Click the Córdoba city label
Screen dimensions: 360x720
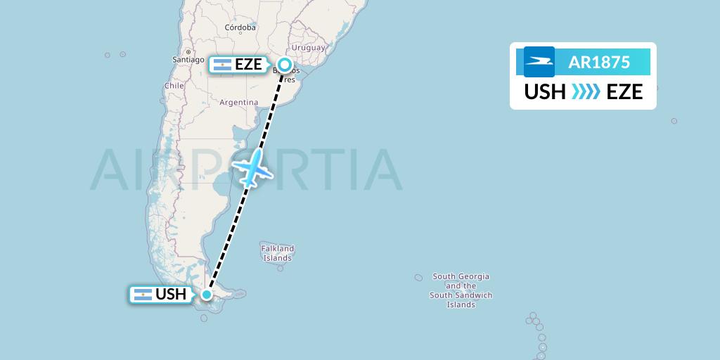[240, 28]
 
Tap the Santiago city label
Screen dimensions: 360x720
[188, 60]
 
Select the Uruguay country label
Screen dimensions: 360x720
[309, 48]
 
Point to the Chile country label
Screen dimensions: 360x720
[174, 85]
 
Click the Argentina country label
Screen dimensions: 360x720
[239, 102]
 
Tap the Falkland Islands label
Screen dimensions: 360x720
[278, 253]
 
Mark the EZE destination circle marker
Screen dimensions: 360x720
[285, 65]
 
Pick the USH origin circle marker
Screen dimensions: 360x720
[207, 295]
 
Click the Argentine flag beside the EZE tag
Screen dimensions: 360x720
[221, 65]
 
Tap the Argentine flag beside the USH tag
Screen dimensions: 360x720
[142, 295]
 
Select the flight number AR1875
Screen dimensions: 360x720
[599, 62]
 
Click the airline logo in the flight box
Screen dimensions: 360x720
[539, 62]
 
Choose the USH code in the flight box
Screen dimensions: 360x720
[545, 92]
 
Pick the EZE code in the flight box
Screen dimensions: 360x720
[624, 92]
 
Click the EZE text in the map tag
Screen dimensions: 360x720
[249, 65]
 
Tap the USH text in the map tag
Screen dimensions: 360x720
[171, 295]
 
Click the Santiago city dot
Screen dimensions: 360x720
[188, 51]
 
